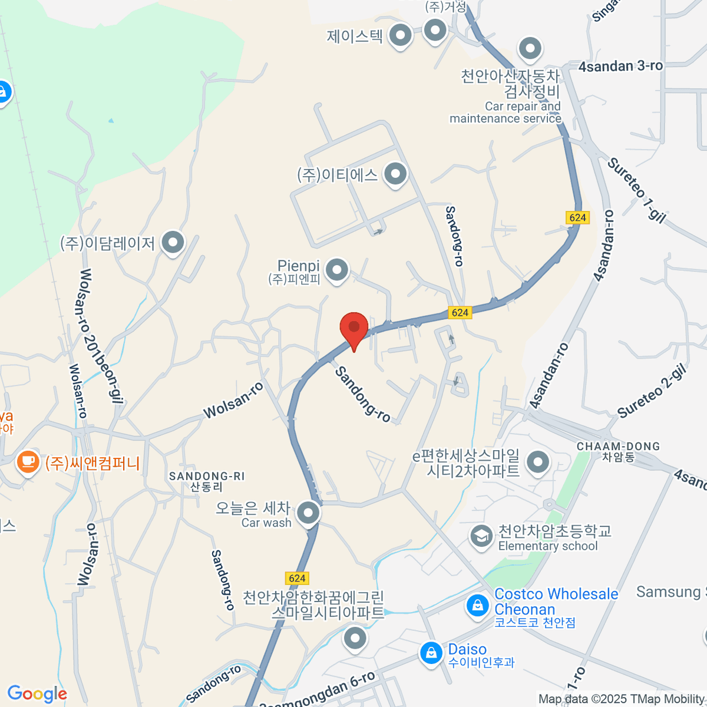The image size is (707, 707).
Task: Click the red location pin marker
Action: click(354, 328)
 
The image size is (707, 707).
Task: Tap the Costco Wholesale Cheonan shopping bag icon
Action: click(477, 606)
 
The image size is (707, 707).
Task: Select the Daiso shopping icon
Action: click(431, 653)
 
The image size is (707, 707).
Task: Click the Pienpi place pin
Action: click(337, 270)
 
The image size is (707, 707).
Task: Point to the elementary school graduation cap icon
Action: click(481, 536)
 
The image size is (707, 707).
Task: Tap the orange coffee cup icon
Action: click(28, 461)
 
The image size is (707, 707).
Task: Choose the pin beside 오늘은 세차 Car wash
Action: click(308, 514)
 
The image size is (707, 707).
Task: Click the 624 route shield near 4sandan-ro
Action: click(577, 217)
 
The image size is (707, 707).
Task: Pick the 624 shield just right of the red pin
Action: click(460, 313)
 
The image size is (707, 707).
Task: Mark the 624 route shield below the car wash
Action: click(297, 578)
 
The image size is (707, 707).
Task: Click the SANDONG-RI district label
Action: click(206, 481)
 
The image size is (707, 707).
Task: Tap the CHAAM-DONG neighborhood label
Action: click(617, 451)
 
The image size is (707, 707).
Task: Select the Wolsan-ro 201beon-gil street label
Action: click(100, 336)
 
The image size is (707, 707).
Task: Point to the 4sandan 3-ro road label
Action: click(620, 66)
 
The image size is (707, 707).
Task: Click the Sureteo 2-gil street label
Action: click(652, 391)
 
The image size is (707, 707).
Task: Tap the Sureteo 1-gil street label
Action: click(636, 190)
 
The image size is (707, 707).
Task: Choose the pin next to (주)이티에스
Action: click(395, 174)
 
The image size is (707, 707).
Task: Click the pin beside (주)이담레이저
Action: click(173, 242)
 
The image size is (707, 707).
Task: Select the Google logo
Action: click(37, 693)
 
